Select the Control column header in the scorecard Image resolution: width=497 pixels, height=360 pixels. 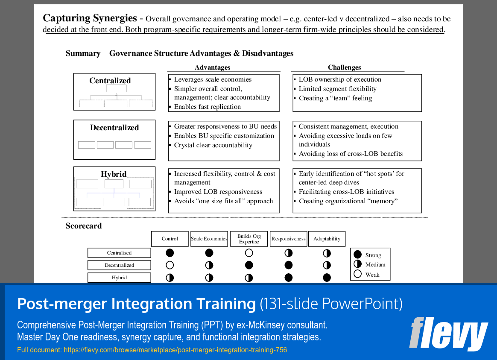(170, 239)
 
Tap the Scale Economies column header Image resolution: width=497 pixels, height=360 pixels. (209, 239)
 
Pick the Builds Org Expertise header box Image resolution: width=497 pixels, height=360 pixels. (249, 239)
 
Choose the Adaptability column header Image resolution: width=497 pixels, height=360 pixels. (327, 239)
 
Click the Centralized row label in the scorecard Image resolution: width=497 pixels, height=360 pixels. (119, 253)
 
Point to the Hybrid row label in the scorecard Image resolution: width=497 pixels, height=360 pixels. (119, 278)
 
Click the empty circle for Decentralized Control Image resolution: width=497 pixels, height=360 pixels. (170, 265)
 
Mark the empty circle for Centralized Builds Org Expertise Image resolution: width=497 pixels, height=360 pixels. (249, 253)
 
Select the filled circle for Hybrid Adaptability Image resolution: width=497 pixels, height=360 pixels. (327, 278)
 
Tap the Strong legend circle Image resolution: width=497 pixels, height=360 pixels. (358, 255)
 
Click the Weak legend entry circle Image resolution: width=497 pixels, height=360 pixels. (358, 274)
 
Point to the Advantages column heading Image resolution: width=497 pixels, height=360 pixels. (212, 67)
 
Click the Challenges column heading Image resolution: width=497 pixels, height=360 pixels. (344, 67)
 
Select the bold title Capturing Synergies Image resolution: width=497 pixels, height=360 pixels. (90, 18)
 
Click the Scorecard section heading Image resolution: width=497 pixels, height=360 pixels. (84, 226)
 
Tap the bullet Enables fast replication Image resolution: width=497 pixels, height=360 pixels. (207, 107)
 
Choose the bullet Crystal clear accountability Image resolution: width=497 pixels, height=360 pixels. (213, 145)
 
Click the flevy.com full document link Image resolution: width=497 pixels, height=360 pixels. (175, 350)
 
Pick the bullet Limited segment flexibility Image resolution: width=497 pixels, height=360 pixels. (337, 89)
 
